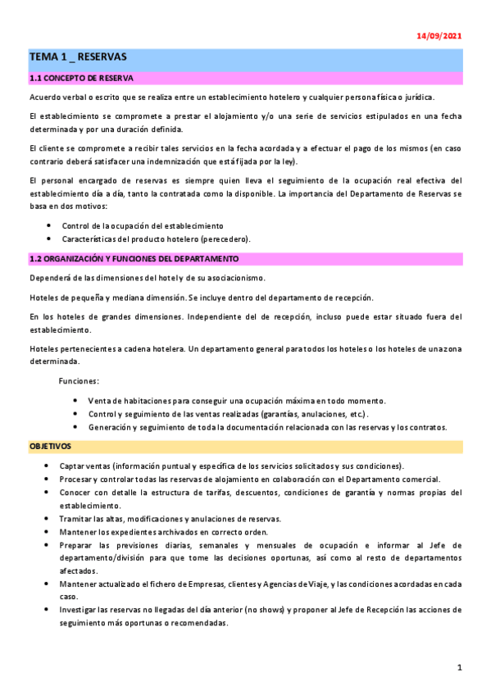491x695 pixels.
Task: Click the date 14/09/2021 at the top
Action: (439, 36)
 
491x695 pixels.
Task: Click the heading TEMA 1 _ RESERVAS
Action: (78, 57)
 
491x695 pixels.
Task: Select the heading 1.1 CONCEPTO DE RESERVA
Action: (80, 79)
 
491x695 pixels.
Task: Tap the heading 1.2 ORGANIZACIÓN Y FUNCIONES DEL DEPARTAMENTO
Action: (121, 259)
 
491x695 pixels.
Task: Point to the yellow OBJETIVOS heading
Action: (50, 447)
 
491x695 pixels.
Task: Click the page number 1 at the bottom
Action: (460, 668)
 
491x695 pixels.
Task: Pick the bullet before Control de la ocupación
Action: (50, 225)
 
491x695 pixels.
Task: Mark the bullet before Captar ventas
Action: (50, 466)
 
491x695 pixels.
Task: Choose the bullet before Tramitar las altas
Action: (50, 519)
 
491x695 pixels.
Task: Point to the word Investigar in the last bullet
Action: (80, 610)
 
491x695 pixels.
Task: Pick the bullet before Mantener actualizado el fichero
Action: (50, 584)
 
